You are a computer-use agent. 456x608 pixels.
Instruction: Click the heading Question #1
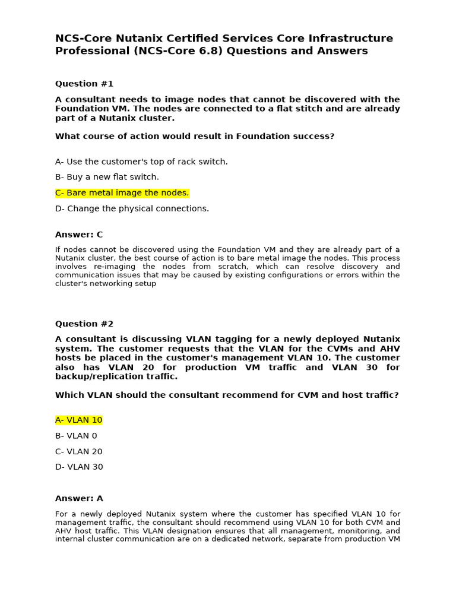(x=84, y=84)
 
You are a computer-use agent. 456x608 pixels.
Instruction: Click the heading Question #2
(x=84, y=324)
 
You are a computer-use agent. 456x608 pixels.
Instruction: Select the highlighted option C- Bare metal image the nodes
(x=122, y=193)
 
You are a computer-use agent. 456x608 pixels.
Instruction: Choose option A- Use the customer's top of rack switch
(x=141, y=161)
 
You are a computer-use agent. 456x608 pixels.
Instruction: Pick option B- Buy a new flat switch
(x=107, y=177)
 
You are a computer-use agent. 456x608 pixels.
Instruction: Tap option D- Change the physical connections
(x=132, y=208)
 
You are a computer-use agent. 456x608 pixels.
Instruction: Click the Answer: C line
(x=79, y=235)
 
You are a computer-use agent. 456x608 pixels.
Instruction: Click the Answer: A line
(x=79, y=498)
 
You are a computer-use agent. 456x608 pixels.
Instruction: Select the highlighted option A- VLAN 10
(x=79, y=420)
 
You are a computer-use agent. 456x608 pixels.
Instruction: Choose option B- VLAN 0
(x=76, y=436)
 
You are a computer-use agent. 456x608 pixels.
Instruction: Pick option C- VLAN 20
(x=79, y=451)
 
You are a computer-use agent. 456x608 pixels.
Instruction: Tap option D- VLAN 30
(x=79, y=467)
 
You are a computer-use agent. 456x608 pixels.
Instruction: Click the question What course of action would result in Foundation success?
(x=195, y=136)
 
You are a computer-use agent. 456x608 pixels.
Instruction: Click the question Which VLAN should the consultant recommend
(x=227, y=395)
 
